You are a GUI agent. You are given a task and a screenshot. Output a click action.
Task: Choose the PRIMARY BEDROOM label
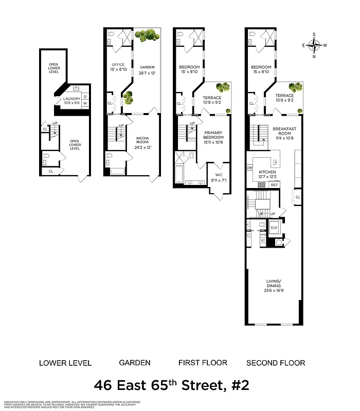click(213, 135)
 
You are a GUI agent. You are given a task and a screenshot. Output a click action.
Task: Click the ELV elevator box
click(274, 228)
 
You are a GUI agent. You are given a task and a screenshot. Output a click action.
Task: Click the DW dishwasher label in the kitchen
click(250, 168)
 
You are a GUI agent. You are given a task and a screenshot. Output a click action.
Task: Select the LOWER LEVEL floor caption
click(65, 363)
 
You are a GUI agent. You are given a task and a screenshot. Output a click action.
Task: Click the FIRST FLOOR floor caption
click(203, 363)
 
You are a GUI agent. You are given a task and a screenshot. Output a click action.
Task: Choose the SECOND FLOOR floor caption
click(276, 363)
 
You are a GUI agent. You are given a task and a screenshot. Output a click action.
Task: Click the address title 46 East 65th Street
click(172, 385)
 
